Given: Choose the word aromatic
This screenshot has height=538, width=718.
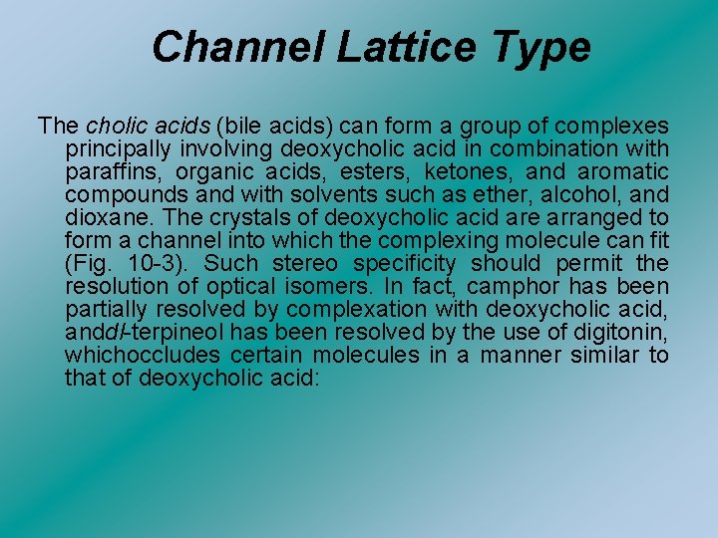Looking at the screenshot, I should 621,172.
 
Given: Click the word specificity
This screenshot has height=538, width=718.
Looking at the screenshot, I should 406,264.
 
